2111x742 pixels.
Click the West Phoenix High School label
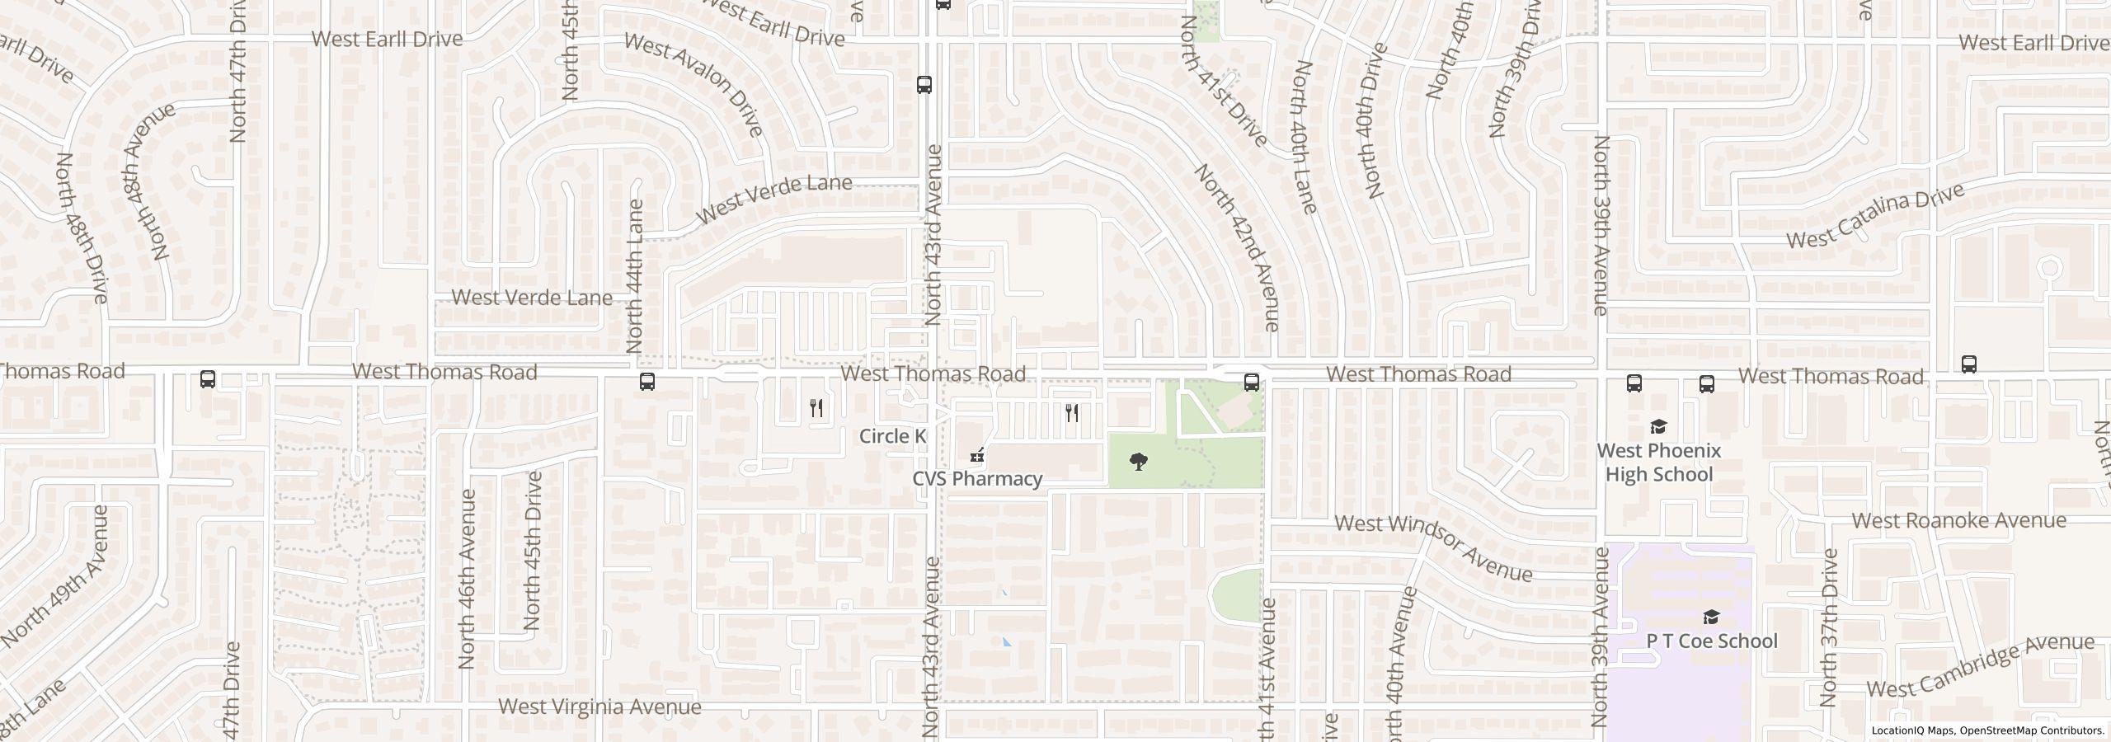pyautogui.click(x=1658, y=463)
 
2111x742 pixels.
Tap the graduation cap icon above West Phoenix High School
pyautogui.click(x=1658, y=427)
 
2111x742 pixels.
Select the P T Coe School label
pyautogui.click(x=1711, y=641)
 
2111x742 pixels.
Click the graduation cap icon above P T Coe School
pyautogui.click(x=1711, y=618)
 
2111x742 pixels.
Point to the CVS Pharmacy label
pyautogui.click(x=977, y=479)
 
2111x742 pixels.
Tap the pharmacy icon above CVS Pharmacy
pyautogui.click(x=977, y=455)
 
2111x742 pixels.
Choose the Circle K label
pyautogui.click(x=893, y=436)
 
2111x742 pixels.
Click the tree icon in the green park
pyautogui.click(x=1139, y=461)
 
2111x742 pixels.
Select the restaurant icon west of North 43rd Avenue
pyautogui.click(x=816, y=407)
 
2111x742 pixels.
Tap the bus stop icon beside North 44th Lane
pyautogui.click(x=647, y=382)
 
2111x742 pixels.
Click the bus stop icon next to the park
pyautogui.click(x=1251, y=382)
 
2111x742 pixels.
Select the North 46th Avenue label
pyautogui.click(x=467, y=579)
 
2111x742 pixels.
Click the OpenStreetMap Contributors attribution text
pyautogui.click(x=2031, y=730)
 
